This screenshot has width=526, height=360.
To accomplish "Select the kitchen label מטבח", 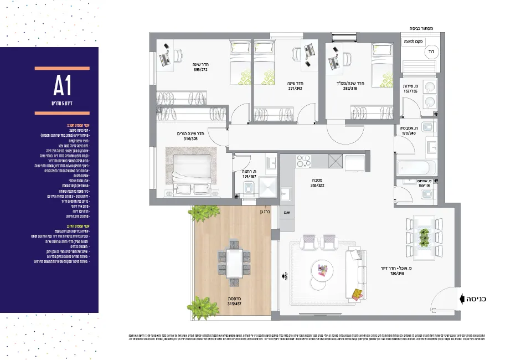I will [316, 181].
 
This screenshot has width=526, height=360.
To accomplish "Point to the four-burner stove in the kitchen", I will [304, 161].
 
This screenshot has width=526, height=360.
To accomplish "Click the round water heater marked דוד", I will [430, 51].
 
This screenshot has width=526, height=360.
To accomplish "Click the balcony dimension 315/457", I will [234, 304].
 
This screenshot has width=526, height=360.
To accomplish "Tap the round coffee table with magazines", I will [323, 270].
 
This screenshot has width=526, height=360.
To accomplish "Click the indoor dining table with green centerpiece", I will [425, 236].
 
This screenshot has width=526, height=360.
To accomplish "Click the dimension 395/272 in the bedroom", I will [200, 70].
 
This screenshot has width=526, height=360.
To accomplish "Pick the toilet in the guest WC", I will [427, 193].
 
